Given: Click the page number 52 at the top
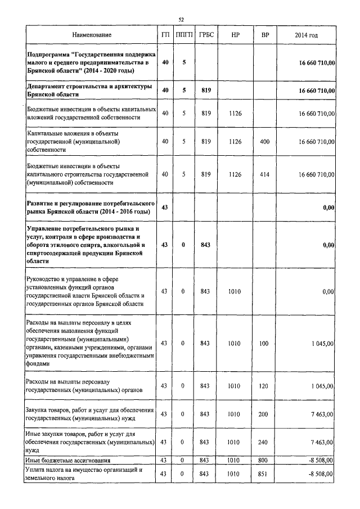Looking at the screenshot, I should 181,20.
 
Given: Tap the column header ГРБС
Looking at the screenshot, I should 205,35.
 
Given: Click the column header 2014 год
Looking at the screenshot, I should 306,35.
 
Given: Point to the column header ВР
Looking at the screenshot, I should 265,35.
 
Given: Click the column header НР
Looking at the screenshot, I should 235,35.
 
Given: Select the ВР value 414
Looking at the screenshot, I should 265,175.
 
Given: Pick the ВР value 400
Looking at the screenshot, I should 265,142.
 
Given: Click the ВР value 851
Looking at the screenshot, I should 265,474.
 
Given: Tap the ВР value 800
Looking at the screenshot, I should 265,460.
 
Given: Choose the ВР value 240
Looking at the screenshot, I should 265,442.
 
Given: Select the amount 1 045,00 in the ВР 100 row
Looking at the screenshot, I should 322,343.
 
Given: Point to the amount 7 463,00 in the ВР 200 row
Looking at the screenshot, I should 322,415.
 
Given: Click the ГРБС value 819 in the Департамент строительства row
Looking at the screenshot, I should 205,91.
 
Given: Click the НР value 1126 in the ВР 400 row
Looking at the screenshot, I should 235,142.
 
